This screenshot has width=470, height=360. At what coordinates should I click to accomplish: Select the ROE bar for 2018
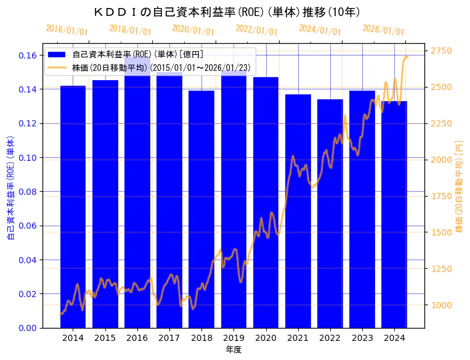click(x=201, y=209)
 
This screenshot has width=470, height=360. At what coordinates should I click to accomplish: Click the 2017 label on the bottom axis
click(x=169, y=338)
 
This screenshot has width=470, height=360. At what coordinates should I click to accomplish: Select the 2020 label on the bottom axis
click(x=265, y=338)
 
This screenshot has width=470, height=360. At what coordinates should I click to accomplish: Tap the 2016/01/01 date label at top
click(x=67, y=30)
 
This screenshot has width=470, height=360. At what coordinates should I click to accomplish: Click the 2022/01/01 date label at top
click(x=257, y=30)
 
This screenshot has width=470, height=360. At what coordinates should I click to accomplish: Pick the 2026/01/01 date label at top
click(x=384, y=30)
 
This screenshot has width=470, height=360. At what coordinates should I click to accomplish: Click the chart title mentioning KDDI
click(x=227, y=12)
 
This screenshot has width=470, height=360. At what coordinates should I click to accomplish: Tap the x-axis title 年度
click(x=233, y=350)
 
